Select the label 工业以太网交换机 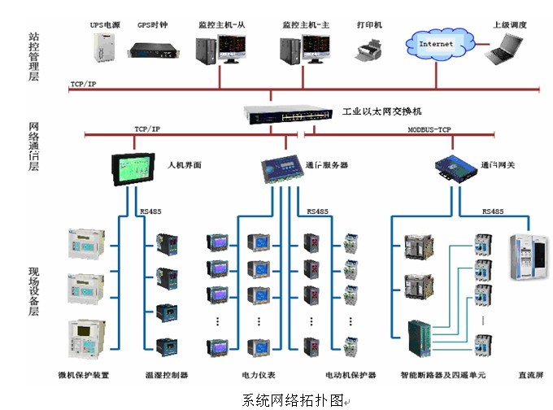pyautogui.click(x=381, y=111)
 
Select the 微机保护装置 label pyautogui.click(x=84, y=375)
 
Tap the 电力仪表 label pyautogui.click(x=259, y=375)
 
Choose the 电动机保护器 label pyautogui.click(x=351, y=375)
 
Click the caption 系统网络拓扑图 pyautogui.click(x=292, y=400)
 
